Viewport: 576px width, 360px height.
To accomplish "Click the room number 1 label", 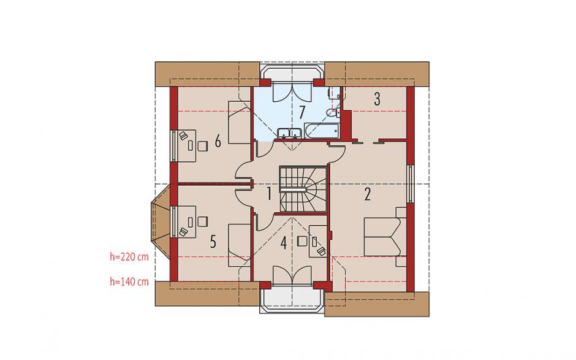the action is [269, 193].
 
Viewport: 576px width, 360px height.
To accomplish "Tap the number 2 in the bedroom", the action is [367, 194].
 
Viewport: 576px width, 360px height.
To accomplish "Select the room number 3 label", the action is [377, 99].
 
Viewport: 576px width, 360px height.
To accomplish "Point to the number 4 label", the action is [283, 243].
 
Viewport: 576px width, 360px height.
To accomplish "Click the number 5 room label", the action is [213, 242].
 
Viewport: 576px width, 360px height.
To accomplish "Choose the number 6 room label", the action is [218, 141].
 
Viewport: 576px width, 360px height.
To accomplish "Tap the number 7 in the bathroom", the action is [301, 112].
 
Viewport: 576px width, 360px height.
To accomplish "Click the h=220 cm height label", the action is [129, 257].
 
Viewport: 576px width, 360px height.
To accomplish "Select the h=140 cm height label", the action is [129, 281].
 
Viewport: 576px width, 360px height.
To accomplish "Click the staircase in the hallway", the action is [303, 189].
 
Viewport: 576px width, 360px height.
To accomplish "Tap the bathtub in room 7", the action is [322, 131].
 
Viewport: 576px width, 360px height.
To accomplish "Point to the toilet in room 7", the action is [333, 113].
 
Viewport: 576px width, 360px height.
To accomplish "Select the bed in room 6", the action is [240, 123].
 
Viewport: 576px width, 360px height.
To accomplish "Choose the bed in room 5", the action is [240, 245].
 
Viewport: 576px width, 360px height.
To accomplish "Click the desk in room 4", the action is [318, 242].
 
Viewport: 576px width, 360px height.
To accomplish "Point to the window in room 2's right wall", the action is [411, 183].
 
